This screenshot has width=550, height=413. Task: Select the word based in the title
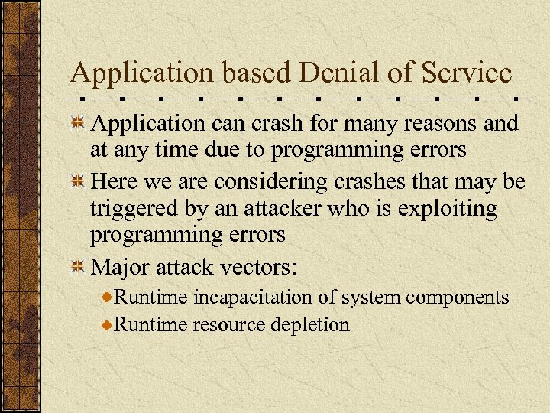[257, 73]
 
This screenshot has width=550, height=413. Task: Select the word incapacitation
[264, 297]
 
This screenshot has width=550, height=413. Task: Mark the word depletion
[309, 324]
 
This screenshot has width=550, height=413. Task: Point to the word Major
[121, 267]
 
